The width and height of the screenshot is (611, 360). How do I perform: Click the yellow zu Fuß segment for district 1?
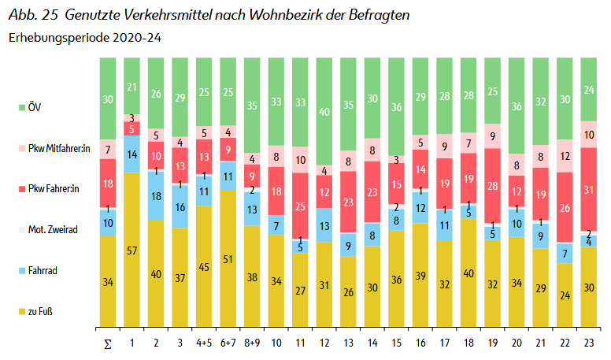point(131,250)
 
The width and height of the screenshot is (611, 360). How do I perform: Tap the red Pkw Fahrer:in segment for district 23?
point(590,189)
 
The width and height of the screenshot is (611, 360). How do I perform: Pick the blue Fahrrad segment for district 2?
point(157,196)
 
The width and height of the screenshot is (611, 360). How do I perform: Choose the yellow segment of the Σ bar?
point(107,280)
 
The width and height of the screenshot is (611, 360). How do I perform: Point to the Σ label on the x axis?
point(107,343)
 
